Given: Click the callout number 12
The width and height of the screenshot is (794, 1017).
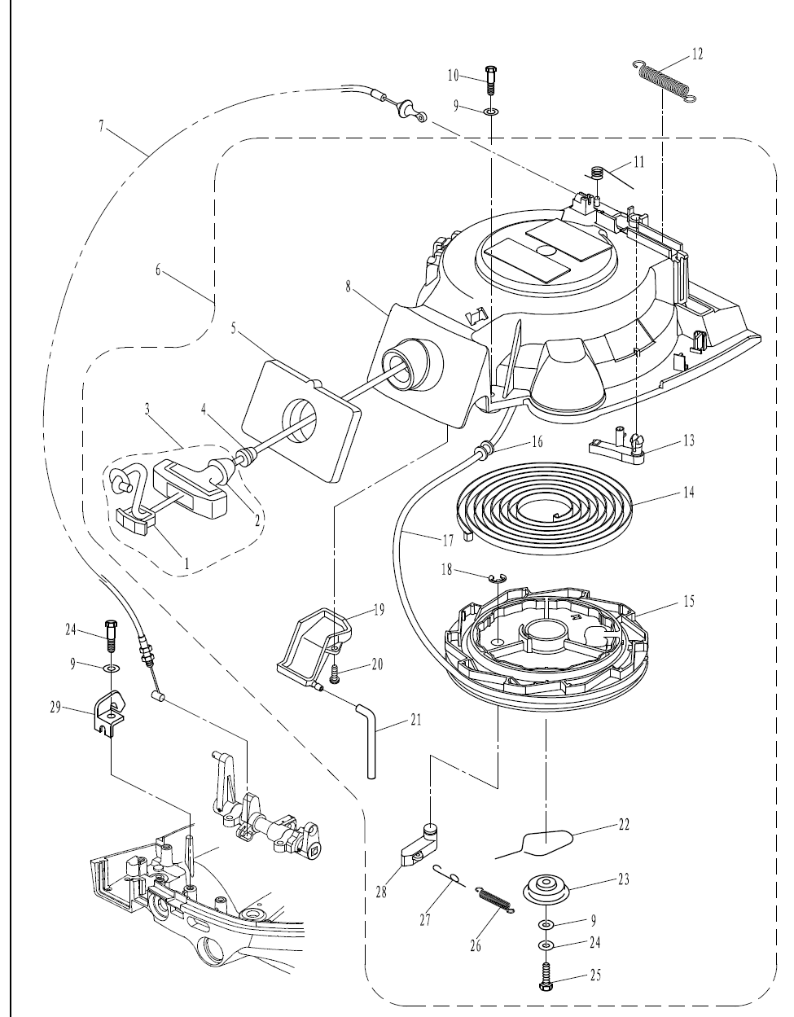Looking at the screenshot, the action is [697, 55].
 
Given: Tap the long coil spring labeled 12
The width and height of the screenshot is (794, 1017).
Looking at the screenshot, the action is [665, 81].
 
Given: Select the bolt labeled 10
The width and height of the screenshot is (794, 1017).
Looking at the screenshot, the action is [491, 81].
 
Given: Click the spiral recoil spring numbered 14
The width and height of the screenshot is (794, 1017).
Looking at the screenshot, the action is [545, 508].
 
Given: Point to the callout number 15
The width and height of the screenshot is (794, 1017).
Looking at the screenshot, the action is [689, 602].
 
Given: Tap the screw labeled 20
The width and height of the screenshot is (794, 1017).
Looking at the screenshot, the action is [334, 674].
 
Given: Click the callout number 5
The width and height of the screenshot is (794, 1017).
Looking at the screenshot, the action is [234, 328].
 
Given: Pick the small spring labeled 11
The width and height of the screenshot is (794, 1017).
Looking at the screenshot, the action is [597, 173].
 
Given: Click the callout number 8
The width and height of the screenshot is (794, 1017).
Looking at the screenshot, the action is [348, 287].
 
